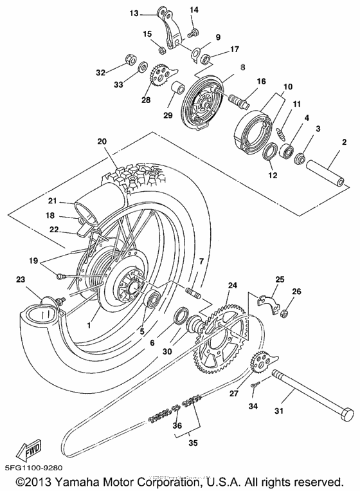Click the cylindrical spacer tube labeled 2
tap(327, 167)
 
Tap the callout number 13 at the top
tap(134, 13)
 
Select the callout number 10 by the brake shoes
tap(287, 86)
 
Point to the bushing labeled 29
tap(179, 89)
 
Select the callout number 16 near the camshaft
tap(262, 81)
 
